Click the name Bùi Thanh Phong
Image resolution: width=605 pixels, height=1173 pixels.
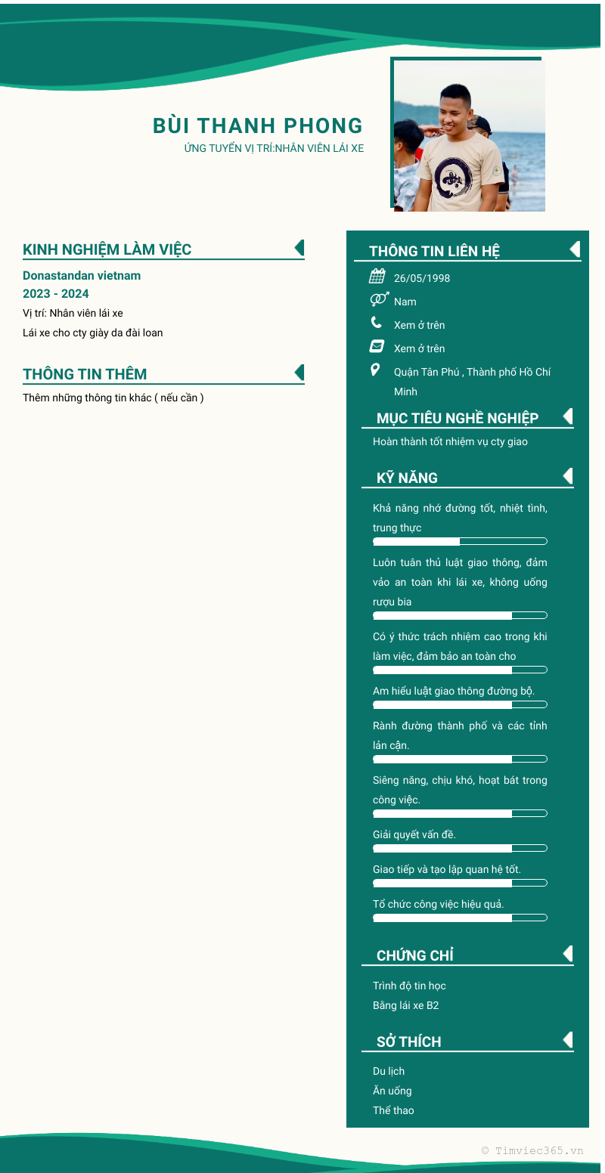click(x=258, y=125)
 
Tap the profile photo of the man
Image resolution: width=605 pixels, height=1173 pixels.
click(x=469, y=135)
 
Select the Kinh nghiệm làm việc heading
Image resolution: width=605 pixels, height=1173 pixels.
click(x=107, y=249)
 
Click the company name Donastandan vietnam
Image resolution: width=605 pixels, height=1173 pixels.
click(x=82, y=276)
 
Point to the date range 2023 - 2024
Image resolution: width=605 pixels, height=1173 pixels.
click(x=56, y=294)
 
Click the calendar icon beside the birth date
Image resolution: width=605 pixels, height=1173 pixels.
click(x=377, y=277)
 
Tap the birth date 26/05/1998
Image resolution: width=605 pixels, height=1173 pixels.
click(x=422, y=278)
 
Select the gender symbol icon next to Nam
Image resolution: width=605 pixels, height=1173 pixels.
click(x=379, y=299)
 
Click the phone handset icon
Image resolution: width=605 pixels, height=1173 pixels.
click(x=377, y=323)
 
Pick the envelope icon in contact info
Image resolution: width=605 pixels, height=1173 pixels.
click(x=377, y=347)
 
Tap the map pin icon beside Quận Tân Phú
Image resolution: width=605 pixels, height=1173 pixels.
click(x=375, y=370)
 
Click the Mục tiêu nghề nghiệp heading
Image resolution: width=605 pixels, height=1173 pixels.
click(x=458, y=419)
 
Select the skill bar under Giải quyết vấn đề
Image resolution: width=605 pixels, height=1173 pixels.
click(x=460, y=848)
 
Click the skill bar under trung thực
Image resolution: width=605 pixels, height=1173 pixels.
click(x=460, y=541)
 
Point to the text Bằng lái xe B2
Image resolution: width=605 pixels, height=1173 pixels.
click(x=406, y=1006)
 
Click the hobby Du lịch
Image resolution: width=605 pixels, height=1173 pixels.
click(x=389, y=1071)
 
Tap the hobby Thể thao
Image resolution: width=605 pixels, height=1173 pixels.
click(x=393, y=1110)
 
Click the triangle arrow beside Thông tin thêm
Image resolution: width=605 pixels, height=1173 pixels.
click(x=299, y=373)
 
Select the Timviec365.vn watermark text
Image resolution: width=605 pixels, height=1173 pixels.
click(x=532, y=1150)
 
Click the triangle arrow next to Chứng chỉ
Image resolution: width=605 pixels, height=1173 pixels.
click(x=568, y=954)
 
